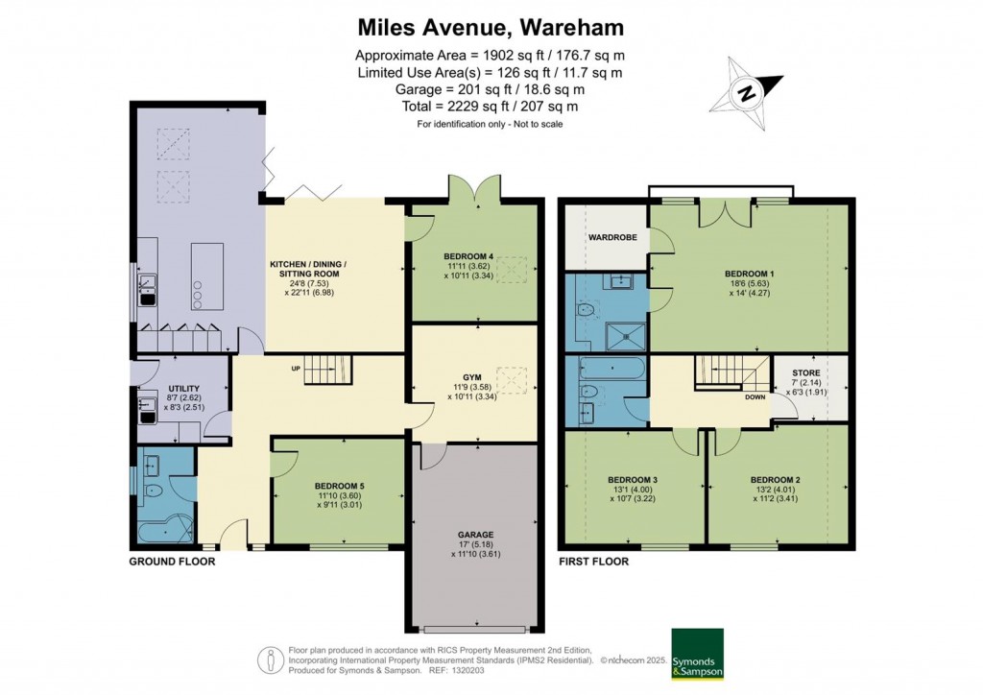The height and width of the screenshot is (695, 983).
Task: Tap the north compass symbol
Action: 745,92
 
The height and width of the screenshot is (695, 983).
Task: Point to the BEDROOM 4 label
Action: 468,255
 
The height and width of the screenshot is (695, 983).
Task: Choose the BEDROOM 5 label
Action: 340,487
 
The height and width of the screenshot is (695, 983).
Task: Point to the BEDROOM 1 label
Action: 749,273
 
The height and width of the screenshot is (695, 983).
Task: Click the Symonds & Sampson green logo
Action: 696,653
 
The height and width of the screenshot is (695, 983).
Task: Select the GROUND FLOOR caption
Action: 172,562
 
